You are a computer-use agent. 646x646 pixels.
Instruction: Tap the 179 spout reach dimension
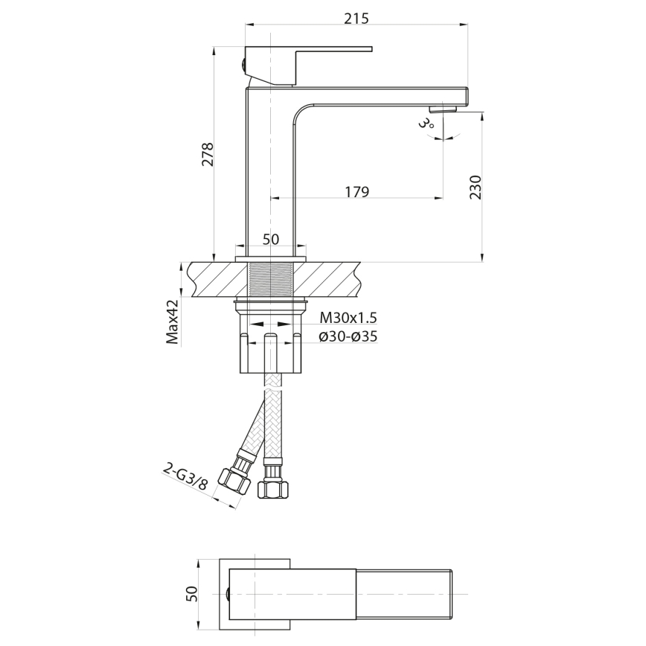click(x=357, y=192)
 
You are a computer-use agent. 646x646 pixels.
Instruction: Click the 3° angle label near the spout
click(x=426, y=123)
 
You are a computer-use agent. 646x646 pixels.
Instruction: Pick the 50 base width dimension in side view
click(x=270, y=239)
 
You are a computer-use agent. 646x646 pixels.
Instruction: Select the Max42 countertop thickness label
click(x=173, y=322)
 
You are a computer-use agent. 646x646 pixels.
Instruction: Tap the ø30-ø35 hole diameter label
click(x=348, y=336)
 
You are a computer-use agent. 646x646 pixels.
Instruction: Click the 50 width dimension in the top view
click(x=192, y=593)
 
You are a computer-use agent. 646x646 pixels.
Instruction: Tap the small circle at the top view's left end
click(x=226, y=593)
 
